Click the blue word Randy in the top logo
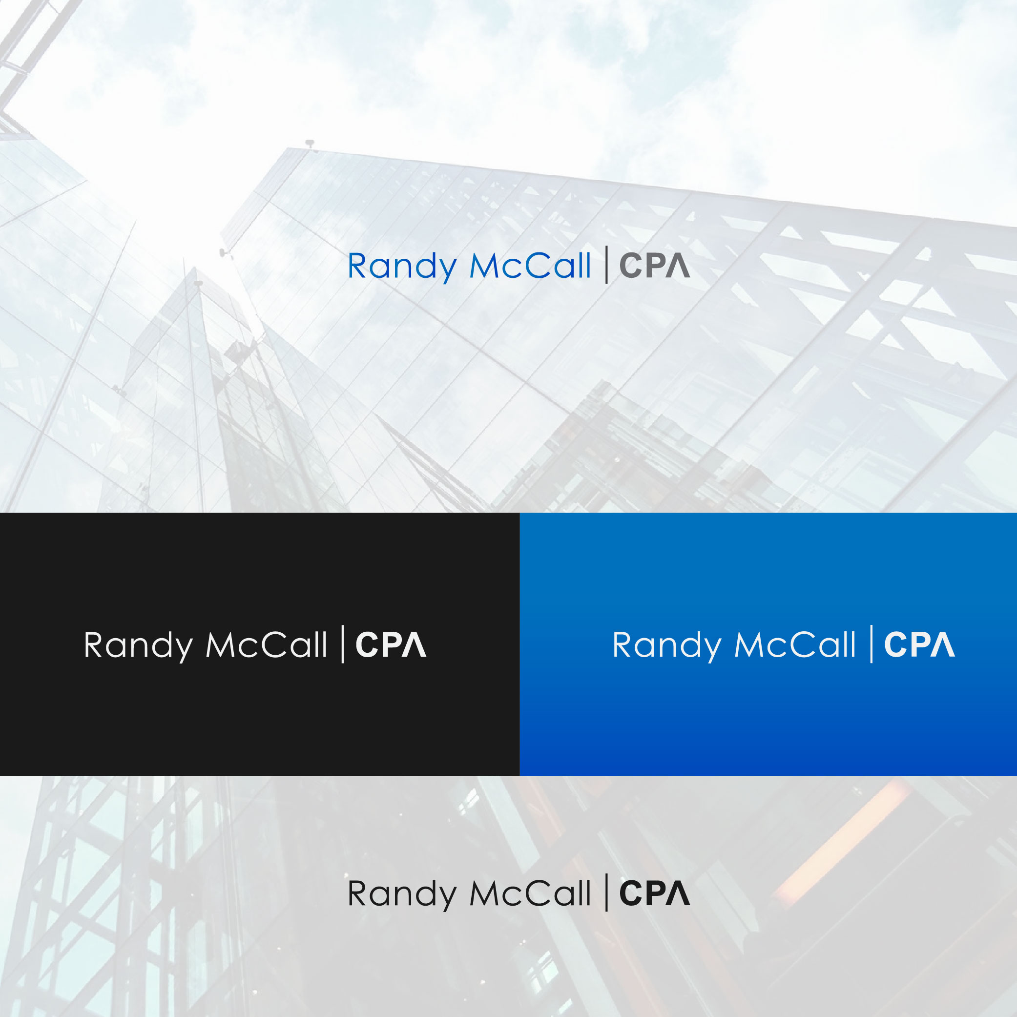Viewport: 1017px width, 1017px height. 402,267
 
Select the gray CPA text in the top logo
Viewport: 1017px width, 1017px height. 654,265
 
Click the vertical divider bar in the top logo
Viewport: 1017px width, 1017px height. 607,265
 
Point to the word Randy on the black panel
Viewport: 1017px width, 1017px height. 138,645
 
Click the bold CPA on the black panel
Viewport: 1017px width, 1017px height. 391,644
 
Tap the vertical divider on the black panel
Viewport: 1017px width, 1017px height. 343,644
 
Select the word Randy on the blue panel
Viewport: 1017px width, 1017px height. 666,645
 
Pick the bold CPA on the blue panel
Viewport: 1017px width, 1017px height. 919,644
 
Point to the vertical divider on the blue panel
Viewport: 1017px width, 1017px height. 872,644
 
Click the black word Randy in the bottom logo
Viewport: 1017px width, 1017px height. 402,894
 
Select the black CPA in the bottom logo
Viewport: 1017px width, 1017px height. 654,893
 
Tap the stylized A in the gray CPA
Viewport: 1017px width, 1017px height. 678,265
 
